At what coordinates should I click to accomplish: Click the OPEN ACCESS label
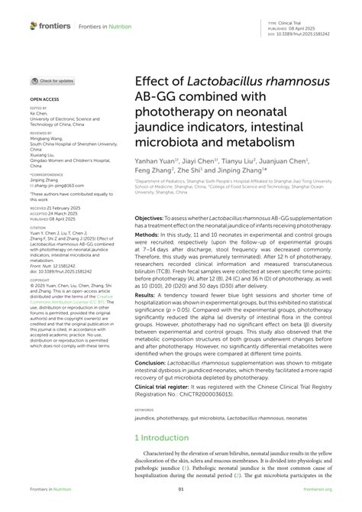tap(44, 100)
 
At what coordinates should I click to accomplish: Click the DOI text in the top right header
tap(306, 34)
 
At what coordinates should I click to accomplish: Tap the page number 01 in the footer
tap(181, 489)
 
